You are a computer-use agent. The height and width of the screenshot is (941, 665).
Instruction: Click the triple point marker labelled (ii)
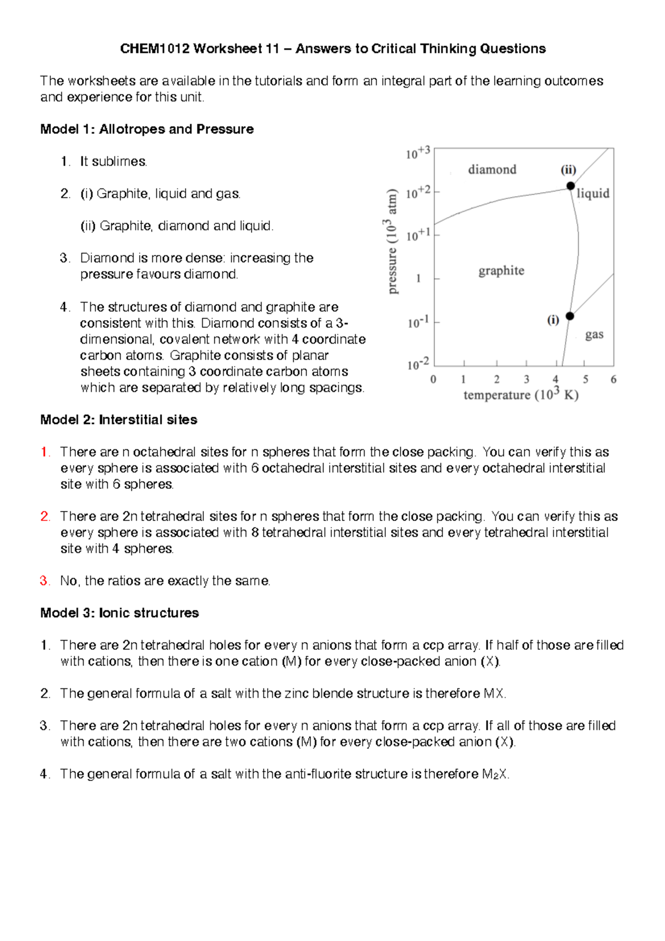570,186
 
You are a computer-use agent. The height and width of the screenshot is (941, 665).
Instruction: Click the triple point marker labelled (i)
570,316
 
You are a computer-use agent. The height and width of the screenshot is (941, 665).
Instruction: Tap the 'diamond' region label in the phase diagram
492,169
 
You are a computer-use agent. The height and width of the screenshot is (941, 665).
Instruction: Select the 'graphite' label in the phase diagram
501,270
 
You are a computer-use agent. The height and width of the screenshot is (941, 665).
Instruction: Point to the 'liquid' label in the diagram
592,193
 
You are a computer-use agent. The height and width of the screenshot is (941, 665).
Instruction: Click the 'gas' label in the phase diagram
594,334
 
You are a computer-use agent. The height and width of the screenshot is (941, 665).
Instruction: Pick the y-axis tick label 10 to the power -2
417,364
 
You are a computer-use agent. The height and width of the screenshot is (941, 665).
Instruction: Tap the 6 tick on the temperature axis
613,380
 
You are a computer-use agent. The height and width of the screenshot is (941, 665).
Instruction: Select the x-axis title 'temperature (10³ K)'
521,395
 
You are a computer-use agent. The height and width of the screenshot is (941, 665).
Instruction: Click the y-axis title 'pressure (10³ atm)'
392,242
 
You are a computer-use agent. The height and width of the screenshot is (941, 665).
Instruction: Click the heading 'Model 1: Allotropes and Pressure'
147,129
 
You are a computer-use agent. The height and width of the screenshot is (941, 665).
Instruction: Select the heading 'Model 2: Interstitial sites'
119,420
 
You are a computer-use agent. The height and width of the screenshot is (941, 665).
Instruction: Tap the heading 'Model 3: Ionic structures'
119,613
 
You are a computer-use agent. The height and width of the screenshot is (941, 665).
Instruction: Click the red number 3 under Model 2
44,581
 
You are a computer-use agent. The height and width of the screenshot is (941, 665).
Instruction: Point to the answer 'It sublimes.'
114,161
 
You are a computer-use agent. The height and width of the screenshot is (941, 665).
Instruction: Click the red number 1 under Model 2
44,452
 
